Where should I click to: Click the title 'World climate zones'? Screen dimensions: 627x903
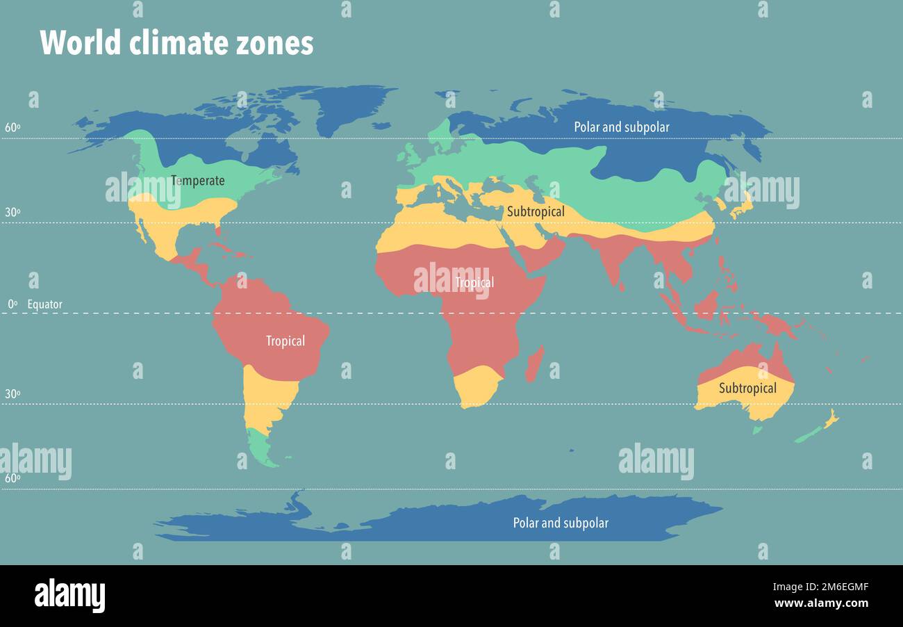pos(176,43)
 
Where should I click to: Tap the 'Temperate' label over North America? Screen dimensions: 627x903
pos(198,181)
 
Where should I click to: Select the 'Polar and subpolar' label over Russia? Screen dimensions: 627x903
pos(621,127)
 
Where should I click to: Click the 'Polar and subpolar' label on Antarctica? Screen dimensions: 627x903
pos(560,523)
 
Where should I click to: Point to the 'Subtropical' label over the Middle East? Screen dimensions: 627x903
pos(535,211)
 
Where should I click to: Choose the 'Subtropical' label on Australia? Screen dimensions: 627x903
pos(747,388)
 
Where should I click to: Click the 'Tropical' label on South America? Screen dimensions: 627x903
pos(285,341)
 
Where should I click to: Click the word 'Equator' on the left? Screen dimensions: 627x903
pos(44,304)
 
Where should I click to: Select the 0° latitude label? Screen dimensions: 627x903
pos(12,304)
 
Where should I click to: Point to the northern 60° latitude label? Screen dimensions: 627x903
pos(12,127)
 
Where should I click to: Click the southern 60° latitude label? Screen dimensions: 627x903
pos(12,478)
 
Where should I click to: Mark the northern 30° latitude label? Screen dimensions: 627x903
pos(12,212)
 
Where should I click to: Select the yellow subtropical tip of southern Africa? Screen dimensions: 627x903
pos(477,389)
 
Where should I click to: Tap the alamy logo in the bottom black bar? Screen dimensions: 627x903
pos(69,596)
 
